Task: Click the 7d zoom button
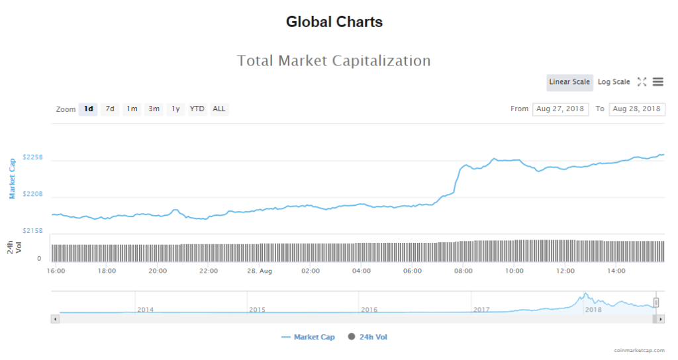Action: point(110,109)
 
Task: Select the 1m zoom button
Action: point(132,109)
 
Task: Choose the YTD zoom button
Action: point(197,109)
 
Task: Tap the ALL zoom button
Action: point(219,109)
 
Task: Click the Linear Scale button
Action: point(569,82)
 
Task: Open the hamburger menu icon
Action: point(657,82)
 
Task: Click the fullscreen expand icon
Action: point(642,82)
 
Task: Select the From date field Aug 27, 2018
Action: point(560,109)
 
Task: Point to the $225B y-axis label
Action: point(32,157)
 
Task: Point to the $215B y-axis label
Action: point(32,231)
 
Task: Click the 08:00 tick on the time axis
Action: point(463,271)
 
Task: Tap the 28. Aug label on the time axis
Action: point(260,271)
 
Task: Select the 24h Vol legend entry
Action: point(373,337)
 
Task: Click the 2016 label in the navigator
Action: point(369,310)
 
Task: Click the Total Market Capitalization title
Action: point(334,61)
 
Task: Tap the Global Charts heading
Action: point(334,22)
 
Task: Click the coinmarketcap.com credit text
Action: point(637,351)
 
